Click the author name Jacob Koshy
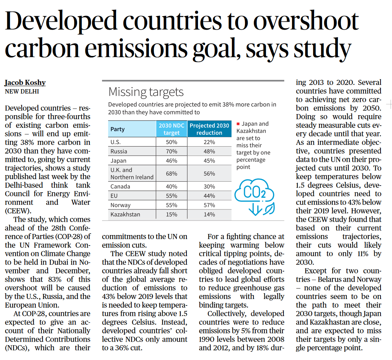(x=25, y=82)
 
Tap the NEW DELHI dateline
(x=22, y=91)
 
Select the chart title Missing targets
(x=146, y=92)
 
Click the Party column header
(x=118, y=129)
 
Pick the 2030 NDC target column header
(x=172, y=129)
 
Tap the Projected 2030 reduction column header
(x=209, y=129)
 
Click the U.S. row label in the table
(x=116, y=142)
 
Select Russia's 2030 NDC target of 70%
(x=172, y=151)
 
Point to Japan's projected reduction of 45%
(x=209, y=160)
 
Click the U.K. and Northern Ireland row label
(x=132, y=173)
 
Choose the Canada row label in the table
(x=120, y=186)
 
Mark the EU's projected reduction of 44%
(x=209, y=196)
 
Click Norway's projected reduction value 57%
(x=209, y=205)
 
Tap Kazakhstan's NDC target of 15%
(x=172, y=214)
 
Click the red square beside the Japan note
(x=238, y=124)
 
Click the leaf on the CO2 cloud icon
(x=269, y=208)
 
